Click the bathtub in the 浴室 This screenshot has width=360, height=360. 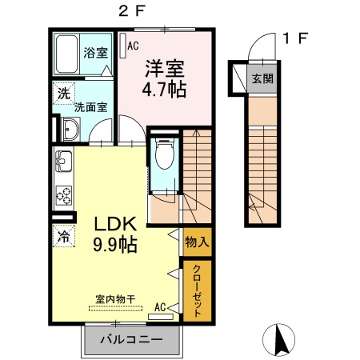pos(67,54)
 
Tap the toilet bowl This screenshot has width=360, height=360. pos(165,154)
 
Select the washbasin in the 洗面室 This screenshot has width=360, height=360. pos(70,130)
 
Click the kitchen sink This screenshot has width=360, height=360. pos(63,162)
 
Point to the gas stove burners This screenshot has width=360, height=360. pos(64,196)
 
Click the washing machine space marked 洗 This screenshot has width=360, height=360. pos(64,94)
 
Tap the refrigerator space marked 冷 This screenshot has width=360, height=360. pos(64,236)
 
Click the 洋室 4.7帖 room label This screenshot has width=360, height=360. pos(164,78)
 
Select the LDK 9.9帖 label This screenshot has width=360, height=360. pos(115,234)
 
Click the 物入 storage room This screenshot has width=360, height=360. pos(198,242)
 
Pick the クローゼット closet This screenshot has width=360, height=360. pos(198,291)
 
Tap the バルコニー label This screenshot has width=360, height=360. pos(131,339)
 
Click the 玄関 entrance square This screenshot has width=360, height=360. pos(262,78)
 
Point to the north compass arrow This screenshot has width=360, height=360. pos(281,340)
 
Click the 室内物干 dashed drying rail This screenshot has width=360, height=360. pos(115,309)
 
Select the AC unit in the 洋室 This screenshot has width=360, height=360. pos(123,46)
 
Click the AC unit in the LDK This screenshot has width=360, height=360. pos(161,317)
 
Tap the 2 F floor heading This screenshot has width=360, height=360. pos(131,11)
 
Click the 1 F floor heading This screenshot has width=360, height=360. pos(295,38)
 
